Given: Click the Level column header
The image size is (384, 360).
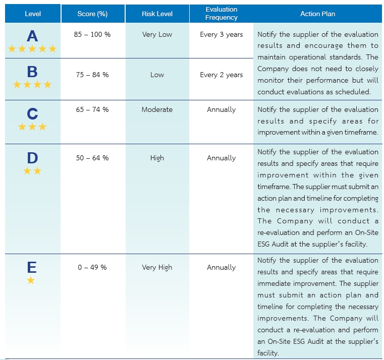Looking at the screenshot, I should [33, 14].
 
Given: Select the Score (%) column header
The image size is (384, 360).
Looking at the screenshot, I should [92, 14].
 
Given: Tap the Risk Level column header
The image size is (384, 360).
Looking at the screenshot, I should [157, 14].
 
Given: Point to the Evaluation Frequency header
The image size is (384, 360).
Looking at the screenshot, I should [221, 14].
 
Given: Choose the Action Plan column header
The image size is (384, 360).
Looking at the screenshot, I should [317, 14].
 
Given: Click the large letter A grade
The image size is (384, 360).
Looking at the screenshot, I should [32, 36].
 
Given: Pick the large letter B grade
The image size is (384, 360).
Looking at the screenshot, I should [32, 72].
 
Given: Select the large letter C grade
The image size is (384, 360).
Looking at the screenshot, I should [32, 114].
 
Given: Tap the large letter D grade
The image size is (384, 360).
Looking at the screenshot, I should [32, 158].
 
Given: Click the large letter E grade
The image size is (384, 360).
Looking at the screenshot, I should [31, 267].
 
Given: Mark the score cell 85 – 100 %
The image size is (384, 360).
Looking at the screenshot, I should [92, 35].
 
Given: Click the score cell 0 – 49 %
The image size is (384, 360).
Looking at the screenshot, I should [92, 267].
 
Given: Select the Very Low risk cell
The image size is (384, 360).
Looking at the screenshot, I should [157, 35].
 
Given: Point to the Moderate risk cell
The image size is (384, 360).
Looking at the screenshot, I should [157, 109].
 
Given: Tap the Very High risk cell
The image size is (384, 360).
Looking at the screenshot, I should [157, 267].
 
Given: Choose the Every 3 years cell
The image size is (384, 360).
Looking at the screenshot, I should [221, 35].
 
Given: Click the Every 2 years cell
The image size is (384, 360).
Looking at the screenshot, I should [221, 75].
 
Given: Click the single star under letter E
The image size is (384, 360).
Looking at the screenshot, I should [31, 280].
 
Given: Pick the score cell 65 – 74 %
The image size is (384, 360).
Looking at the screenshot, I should [92, 109].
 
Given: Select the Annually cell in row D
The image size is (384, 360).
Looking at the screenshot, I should [221, 158].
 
